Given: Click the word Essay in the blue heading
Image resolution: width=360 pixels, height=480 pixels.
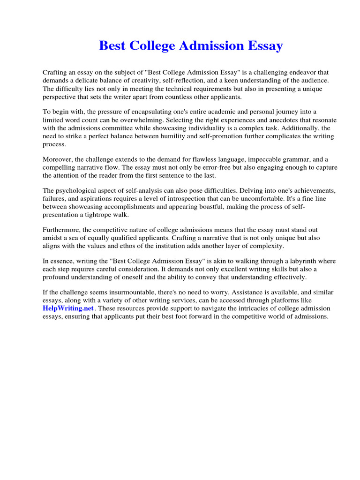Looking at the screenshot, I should (264, 46).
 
